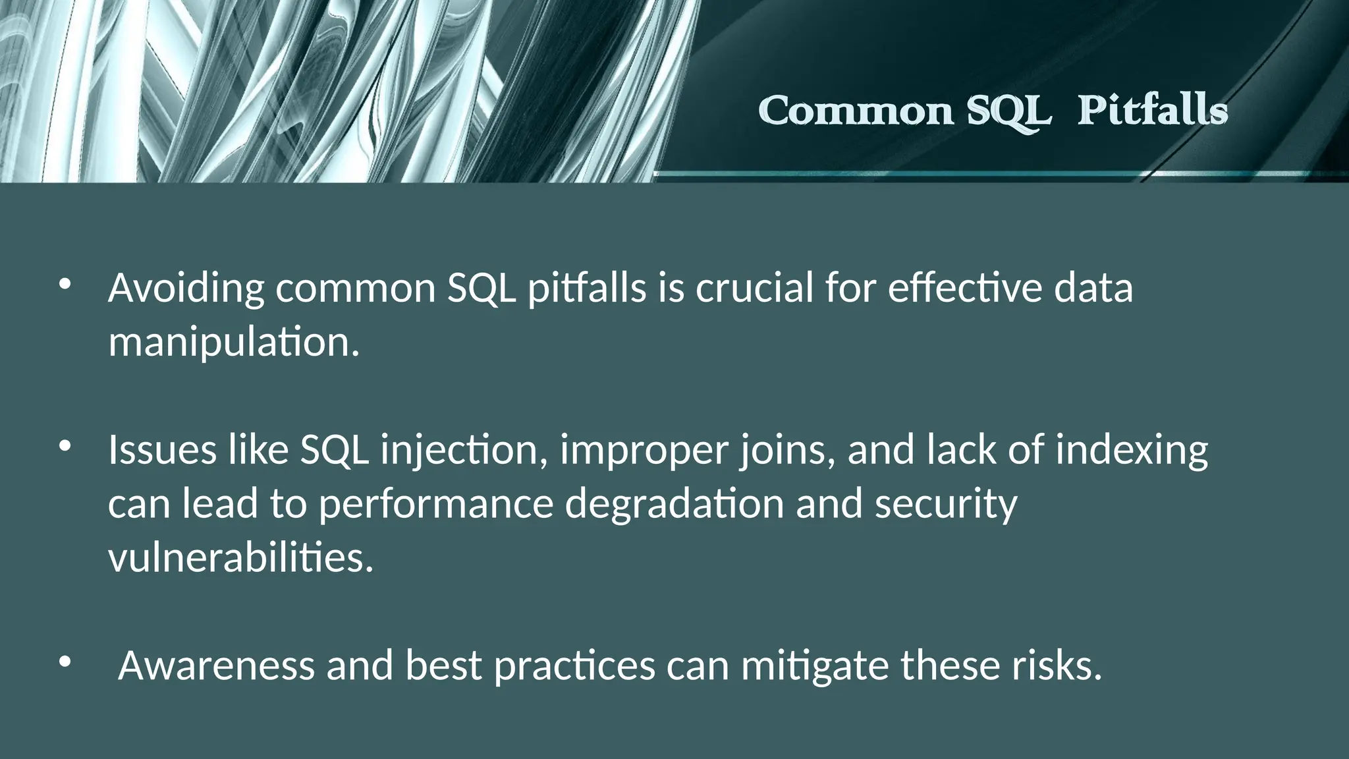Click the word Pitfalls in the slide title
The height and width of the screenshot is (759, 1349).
(1153, 111)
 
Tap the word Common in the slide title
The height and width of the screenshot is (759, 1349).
(856, 111)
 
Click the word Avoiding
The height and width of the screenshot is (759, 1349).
(186, 289)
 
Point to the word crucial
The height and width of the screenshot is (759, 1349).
(754, 289)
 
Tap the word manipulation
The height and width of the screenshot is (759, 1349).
(234, 343)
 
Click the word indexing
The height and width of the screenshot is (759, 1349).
(1132, 451)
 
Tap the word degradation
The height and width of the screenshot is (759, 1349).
(674, 505)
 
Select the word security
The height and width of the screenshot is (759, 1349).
(946, 505)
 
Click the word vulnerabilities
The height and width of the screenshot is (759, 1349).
(240, 558)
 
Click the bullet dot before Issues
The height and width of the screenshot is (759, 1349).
(64, 447)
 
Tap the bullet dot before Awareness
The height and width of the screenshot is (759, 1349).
(64, 663)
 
